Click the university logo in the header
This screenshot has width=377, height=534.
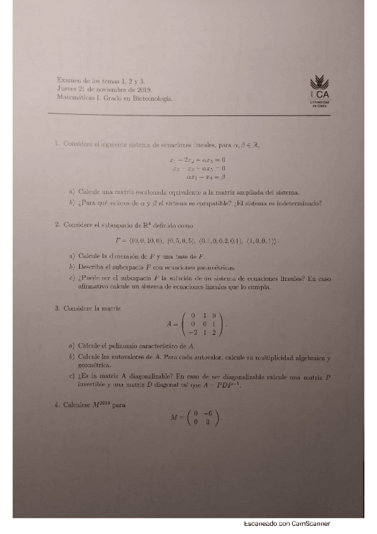click(x=321, y=91)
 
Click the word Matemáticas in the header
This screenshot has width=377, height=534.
click(x=74, y=98)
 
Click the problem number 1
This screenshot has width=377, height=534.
click(x=57, y=144)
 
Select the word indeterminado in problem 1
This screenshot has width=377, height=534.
click(x=298, y=203)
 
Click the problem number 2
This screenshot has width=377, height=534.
click(x=57, y=224)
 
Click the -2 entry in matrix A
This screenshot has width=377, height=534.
click(x=190, y=332)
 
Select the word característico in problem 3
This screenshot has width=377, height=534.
click(x=157, y=346)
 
